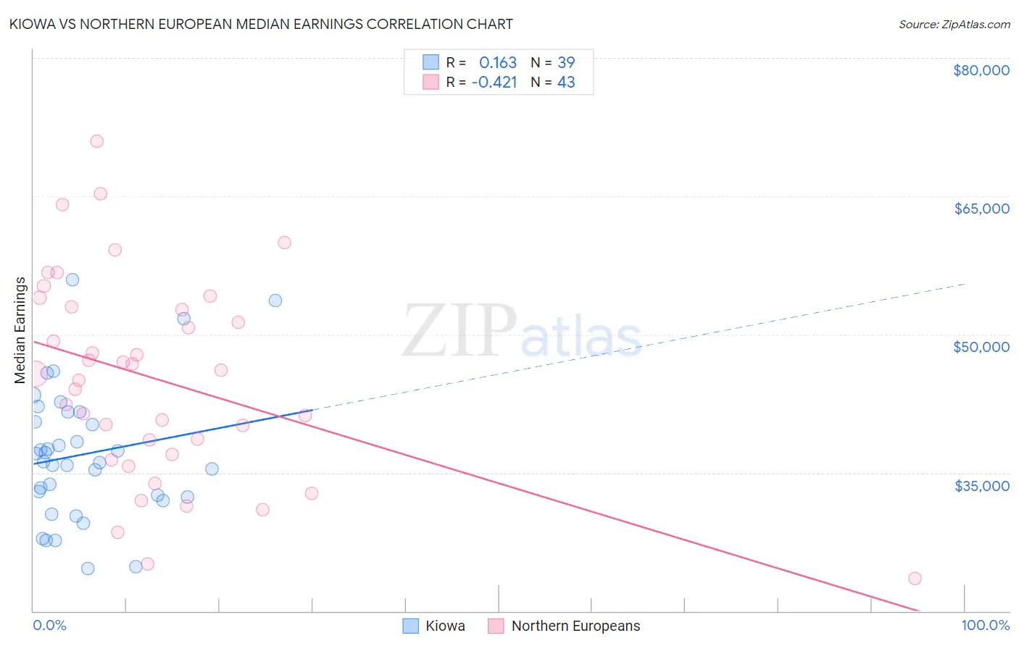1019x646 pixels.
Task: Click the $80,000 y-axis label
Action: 981,70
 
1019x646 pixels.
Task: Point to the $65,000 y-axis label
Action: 981,209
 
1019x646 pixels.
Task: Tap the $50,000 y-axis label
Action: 981,347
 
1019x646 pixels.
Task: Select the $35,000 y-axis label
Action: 981,485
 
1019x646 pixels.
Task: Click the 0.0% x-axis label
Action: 49,625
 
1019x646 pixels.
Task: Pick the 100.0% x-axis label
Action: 985,625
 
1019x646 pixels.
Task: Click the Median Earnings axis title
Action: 20,330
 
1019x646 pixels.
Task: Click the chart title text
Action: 261,24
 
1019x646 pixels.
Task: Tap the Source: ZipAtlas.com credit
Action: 954,25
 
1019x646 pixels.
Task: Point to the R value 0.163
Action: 498,62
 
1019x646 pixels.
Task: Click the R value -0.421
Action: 494,82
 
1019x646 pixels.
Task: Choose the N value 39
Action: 566,62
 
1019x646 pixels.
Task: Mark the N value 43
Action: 566,82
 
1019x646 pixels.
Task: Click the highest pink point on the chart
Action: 96,141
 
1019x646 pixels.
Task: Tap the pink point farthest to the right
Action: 915,578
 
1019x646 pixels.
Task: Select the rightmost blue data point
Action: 275,301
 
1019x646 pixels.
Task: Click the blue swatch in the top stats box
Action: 431,62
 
